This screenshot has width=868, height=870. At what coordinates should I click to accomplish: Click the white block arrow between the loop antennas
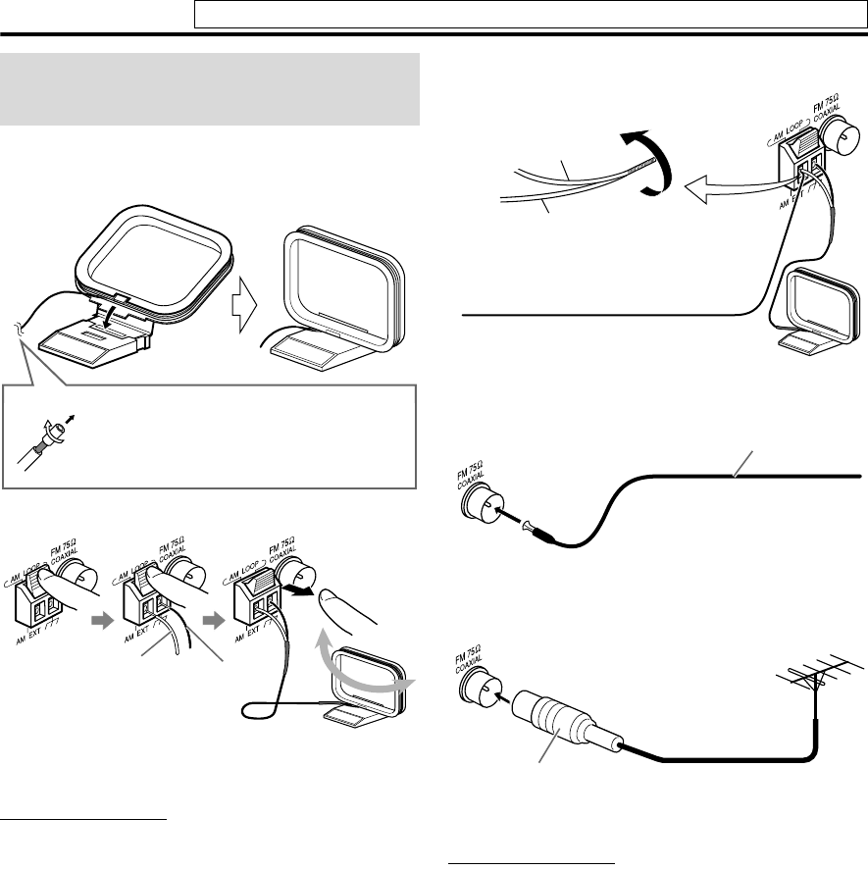(x=245, y=305)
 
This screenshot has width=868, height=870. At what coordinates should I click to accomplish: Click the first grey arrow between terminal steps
(x=103, y=620)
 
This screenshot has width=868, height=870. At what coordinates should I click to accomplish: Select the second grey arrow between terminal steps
(x=214, y=620)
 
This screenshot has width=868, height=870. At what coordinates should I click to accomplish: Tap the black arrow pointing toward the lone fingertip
(x=298, y=590)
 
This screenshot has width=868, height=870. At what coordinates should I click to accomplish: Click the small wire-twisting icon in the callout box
(x=45, y=441)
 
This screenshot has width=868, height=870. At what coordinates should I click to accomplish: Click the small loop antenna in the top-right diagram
(x=816, y=311)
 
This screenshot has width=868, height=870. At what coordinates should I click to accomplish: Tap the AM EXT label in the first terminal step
(x=28, y=635)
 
